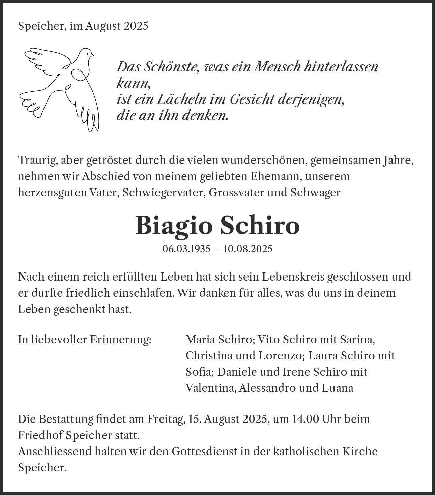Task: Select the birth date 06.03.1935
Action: click(x=186, y=249)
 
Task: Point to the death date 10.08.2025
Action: click(x=248, y=249)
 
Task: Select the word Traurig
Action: click(x=37, y=161)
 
